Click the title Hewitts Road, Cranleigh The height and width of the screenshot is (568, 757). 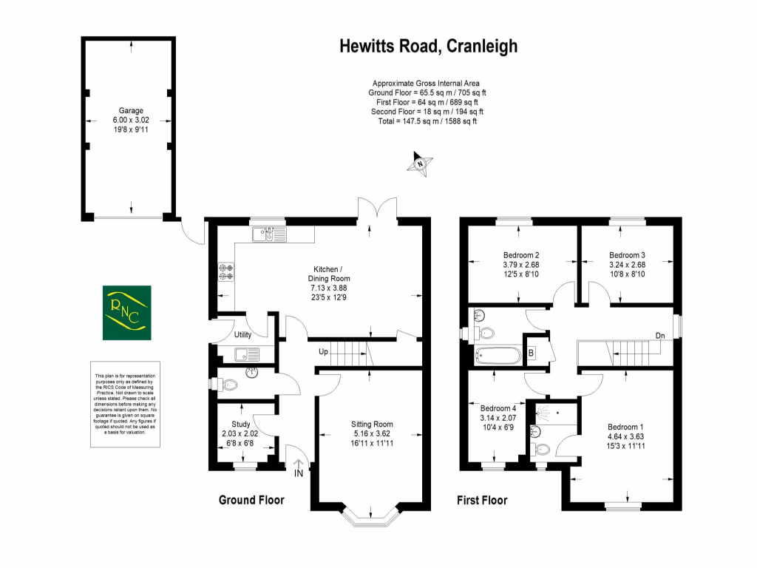click(428, 47)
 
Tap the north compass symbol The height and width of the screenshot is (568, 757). click(419, 163)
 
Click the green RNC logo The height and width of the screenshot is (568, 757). click(126, 312)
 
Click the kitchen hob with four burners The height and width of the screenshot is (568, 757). click(225, 272)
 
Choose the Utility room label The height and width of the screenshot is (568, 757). click(244, 335)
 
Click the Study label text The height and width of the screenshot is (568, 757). click(240, 424)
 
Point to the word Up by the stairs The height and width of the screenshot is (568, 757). click(322, 351)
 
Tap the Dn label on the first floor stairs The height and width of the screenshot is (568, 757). click(659, 336)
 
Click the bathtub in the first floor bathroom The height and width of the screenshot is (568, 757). click(498, 355)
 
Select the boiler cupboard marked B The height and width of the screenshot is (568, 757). click(530, 353)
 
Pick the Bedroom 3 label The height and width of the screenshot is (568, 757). click(627, 255)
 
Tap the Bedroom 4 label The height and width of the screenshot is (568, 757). click(498, 408)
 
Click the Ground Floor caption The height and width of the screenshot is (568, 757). click(251, 501)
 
